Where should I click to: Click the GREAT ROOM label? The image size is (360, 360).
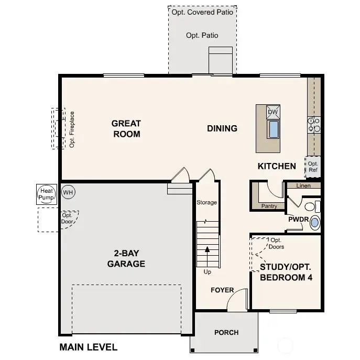126,128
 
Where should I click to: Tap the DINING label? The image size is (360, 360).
222,128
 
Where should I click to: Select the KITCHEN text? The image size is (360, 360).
277,166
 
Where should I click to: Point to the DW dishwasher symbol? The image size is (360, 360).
273,112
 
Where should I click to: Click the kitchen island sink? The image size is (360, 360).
273,128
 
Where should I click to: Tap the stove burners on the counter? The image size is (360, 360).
314,124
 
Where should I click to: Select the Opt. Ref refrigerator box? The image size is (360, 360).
313,167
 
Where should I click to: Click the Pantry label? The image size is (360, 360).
269,206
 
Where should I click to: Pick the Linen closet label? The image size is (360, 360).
303,186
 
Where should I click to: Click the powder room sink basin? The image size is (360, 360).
314,223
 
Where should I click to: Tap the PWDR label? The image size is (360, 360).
298,220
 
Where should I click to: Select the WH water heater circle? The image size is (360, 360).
68,192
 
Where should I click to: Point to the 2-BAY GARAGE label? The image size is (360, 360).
126,258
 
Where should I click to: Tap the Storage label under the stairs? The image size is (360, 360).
206,202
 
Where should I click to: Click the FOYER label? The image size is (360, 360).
222,290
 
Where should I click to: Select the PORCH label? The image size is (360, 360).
226,332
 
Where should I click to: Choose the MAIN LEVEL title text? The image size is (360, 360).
88,347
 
